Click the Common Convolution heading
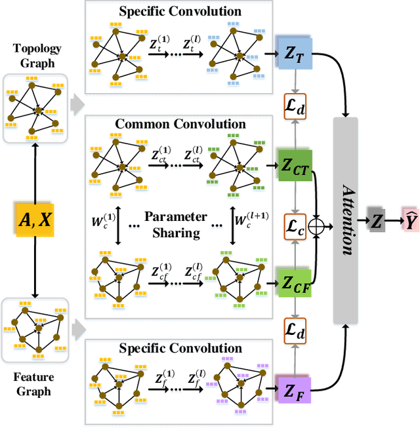point(180,123)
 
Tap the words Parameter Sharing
point(176,224)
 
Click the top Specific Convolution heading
point(180,11)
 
